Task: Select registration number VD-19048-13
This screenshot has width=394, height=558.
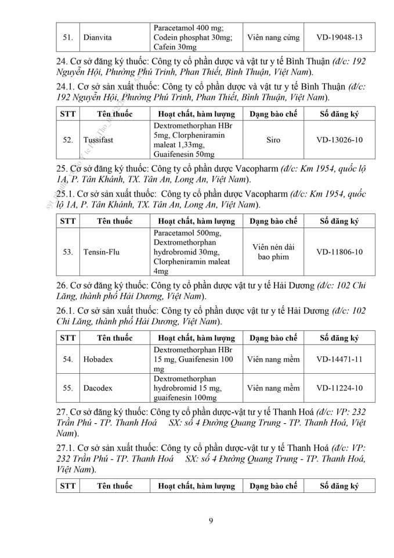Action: [x=339, y=38]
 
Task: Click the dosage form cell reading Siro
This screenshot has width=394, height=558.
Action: [x=273, y=140]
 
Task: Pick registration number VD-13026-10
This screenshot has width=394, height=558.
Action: [x=339, y=140]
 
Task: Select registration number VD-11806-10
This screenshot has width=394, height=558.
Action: [x=339, y=252]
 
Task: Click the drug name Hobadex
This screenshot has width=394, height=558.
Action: [x=98, y=359]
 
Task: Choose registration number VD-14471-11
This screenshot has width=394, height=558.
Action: [x=339, y=359]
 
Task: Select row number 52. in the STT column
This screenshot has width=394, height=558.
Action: [x=68, y=140]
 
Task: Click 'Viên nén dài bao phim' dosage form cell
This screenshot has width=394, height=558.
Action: [x=273, y=252]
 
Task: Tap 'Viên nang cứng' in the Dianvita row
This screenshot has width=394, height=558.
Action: [x=273, y=38]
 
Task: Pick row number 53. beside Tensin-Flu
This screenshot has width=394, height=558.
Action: [x=68, y=252]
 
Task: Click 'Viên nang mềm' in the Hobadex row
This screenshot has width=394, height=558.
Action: [x=273, y=359]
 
